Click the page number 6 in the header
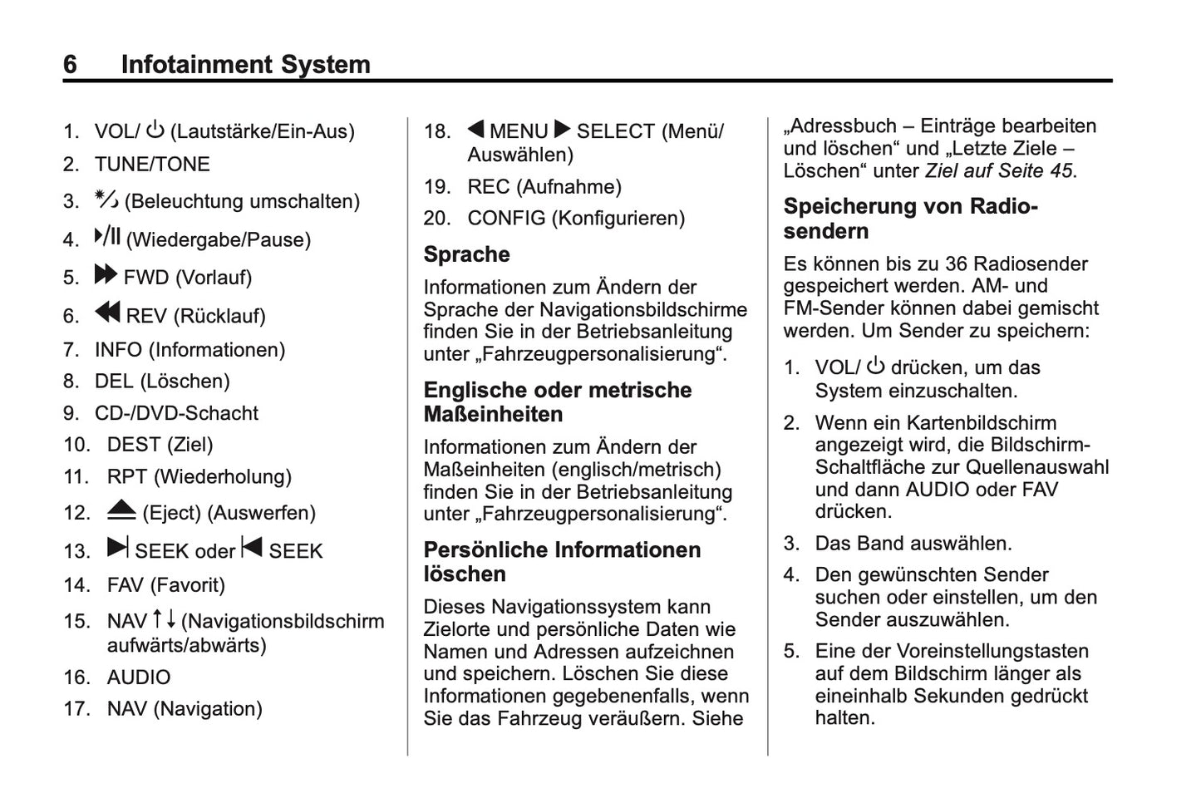point(70,64)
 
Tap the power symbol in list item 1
point(155,130)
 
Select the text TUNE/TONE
point(152,164)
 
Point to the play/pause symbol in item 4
point(107,237)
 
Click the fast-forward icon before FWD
point(106,274)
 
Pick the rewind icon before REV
point(107,313)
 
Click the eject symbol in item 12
point(121,510)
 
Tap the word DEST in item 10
point(133,445)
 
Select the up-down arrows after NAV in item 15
point(164,619)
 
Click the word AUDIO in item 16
point(139,677)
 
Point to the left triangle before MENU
point(475,129)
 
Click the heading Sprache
point(466,254)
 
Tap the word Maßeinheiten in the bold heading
point(493,414)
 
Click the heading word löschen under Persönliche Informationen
point(464,574)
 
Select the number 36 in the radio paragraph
point(956,264)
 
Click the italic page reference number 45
point(1061,170)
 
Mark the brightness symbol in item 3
point(106,199)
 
